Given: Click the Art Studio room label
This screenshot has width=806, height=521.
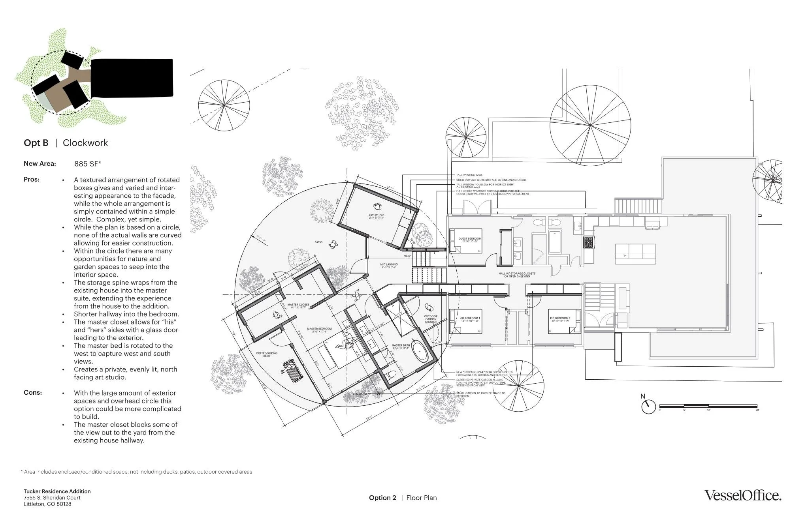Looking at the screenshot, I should pos(376,217).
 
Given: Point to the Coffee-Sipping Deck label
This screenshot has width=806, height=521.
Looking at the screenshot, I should pos(267,354).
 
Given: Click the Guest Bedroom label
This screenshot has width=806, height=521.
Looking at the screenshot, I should pos(470,240).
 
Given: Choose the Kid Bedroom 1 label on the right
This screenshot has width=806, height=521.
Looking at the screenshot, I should pos(560,319).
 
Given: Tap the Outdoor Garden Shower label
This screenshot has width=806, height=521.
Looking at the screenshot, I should pos(431,319).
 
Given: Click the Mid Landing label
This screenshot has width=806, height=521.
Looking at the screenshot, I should pos(389,266).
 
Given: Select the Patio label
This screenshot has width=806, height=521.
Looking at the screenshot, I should pos(318,242).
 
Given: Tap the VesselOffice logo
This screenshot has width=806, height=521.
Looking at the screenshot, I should pos(743,496).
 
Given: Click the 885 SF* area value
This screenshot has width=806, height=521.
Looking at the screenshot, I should pos(88,164).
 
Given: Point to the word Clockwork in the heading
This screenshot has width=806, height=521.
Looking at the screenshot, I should pos(85,143).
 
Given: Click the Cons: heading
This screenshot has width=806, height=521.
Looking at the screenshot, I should pos(32,393).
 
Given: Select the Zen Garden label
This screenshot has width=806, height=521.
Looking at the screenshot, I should pos(361,394).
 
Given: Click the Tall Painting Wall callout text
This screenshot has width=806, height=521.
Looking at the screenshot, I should pos(469,175).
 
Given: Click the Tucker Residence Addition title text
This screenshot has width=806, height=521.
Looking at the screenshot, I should pos(57,491).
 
